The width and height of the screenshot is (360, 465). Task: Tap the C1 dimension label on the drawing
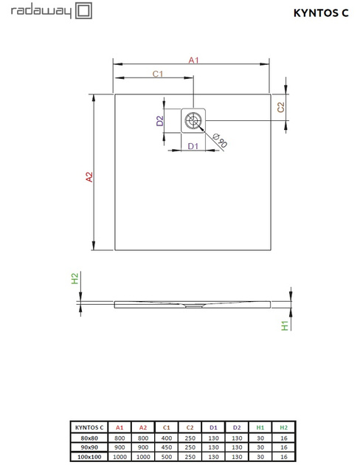click(x=157, y=73)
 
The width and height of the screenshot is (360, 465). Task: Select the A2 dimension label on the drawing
click(x=89, y=176)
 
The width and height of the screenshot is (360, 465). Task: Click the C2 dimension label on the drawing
click(x=281, y=107)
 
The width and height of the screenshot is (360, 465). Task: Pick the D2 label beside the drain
click(x=159, y=121)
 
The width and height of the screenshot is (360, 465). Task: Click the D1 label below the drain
click(x=193, y=146)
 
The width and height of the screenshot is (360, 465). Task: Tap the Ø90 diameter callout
click(x=219, y=139)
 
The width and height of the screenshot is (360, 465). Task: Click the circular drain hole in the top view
click(x=195, y=120)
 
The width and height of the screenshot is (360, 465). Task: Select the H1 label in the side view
click(x=285, y=325)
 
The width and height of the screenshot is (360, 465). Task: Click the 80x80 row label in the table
click(x=88, y=438)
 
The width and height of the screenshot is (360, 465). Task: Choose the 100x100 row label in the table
click(x=88, y=457)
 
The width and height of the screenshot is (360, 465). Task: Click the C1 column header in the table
click(x=167, y=427)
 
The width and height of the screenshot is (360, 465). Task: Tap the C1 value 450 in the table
click(x=167, y=447)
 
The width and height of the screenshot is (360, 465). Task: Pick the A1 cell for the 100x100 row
click(x=120, y=457)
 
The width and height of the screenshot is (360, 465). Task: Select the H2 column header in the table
click(x=283, y=427)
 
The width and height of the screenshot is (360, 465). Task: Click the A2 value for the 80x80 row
click(x=143, y=438)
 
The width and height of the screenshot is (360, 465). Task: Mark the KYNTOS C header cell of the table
click(x=88, y=427)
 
